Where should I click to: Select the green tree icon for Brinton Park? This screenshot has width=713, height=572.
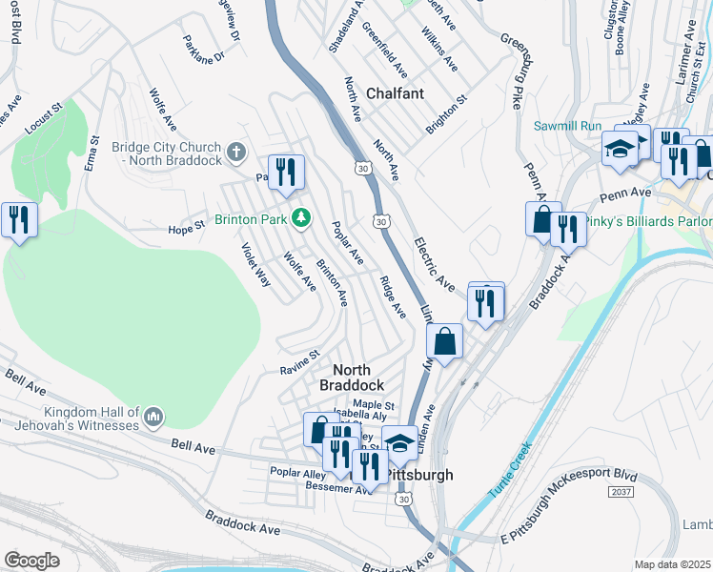coord(301,218)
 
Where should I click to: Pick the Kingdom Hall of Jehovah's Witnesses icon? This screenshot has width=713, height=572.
coord(153,417)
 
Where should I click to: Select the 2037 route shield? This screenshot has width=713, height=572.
coord(620,489)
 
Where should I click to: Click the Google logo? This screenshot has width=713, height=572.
coord(31,560)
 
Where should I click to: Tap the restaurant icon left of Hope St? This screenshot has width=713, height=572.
coord(19,220)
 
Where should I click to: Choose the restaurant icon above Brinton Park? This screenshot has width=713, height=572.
coord(286,172)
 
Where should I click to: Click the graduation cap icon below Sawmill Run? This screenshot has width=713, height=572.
coord(620,149)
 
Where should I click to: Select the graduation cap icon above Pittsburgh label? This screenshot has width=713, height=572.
coord(399,442)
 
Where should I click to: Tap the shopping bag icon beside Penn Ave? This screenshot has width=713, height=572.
coord(542,218)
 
